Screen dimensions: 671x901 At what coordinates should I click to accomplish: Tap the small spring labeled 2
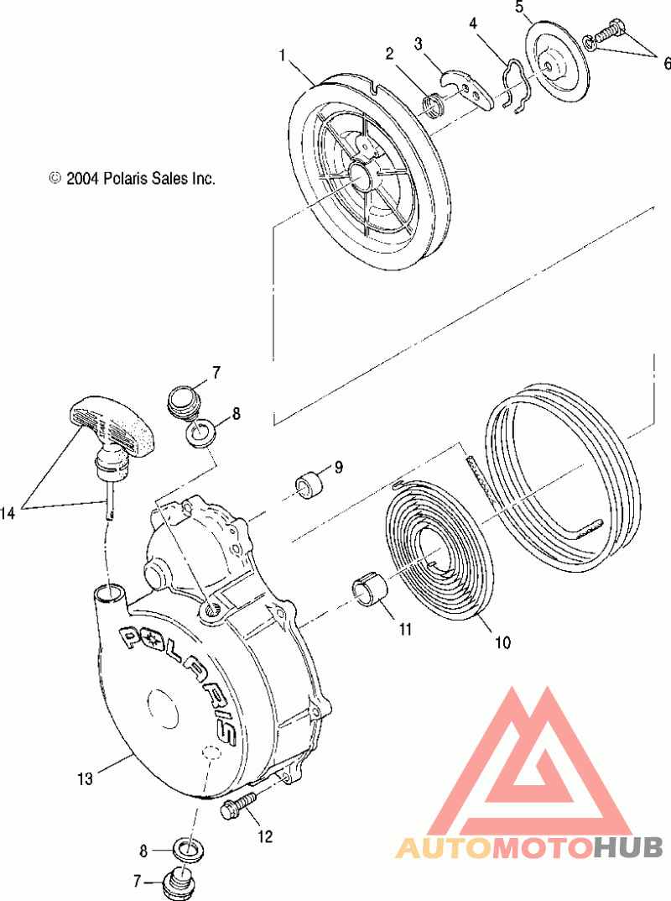click(x=433, y=105)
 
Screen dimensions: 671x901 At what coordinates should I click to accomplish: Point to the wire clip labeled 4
click(x=513, y=82)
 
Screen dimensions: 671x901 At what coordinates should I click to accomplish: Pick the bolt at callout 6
click(x=611, y=33)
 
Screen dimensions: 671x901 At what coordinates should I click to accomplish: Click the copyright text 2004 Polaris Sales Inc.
click(x=133, y=178)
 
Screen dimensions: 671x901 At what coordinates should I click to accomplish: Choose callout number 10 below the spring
click(x=502, y=644)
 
